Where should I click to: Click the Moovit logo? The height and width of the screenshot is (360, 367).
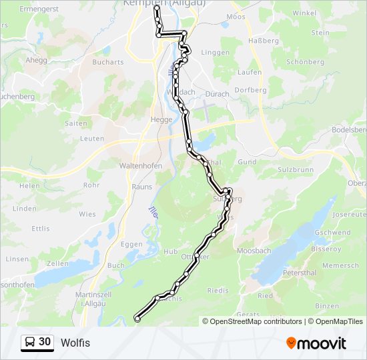click(x=316, y=343)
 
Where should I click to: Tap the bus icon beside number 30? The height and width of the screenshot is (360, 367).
click(x=30, y=343)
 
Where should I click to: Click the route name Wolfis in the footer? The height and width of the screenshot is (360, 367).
click(x=75, y=343)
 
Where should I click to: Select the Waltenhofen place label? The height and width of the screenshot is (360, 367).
click(x=137, y=165)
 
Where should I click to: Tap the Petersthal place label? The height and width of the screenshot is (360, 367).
click(x=299, y=273)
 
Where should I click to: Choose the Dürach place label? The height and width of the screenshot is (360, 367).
click(x=218, y=94)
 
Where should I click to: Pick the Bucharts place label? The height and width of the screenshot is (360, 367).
click(x=108, y=62)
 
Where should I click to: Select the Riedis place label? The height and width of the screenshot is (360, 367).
click(x=218, y=290)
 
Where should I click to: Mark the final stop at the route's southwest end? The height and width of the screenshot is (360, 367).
click(x=137, y=319)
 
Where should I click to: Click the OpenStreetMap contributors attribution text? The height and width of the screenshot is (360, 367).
click(x=256, y=321)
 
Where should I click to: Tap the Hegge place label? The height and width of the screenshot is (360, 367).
click(x=161, y=120)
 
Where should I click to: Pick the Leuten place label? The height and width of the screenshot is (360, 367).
click(x=92, y=139)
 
